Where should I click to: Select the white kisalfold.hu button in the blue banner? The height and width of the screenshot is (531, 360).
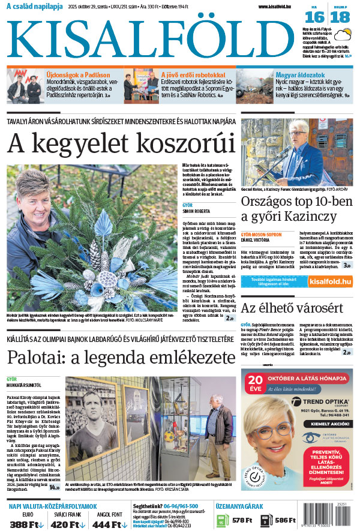click(x=327, y=281)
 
